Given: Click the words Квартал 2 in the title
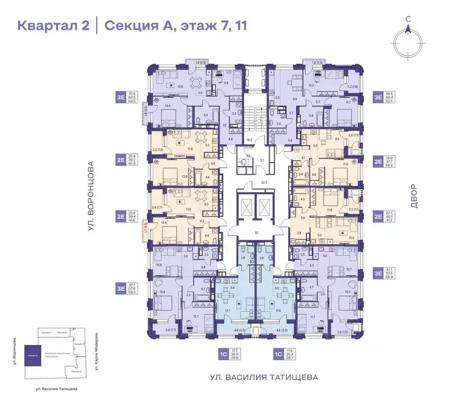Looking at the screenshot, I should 53,25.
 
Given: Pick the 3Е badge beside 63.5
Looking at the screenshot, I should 122,97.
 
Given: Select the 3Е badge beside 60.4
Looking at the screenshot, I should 378,97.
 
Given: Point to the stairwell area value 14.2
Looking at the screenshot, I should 249,140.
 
